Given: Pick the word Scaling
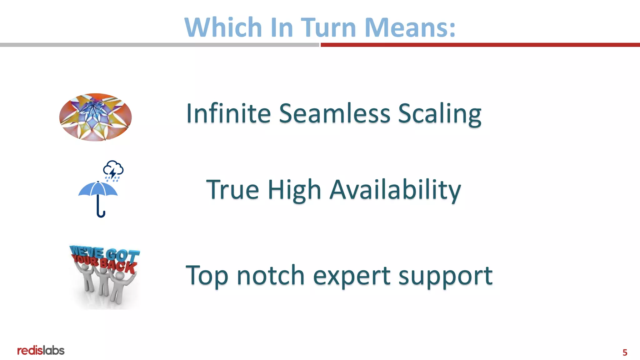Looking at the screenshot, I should tap(439, 114).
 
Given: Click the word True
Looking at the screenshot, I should tap(232, 190).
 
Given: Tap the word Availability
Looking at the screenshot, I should tap(395, 190).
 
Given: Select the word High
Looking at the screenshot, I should tap(294, 190).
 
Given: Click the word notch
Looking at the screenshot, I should tap(270, 276).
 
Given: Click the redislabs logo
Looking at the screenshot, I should tap(41, 351).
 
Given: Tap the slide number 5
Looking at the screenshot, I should tap(625, 352).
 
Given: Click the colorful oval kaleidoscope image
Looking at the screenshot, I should tap(95, 117).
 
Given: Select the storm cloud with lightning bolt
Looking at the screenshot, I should tap(113, 170).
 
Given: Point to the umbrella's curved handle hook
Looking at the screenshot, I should tap(101, 214).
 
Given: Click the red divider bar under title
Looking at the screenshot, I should tap(480, 45).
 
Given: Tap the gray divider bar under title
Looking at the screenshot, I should tap(159, 45).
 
